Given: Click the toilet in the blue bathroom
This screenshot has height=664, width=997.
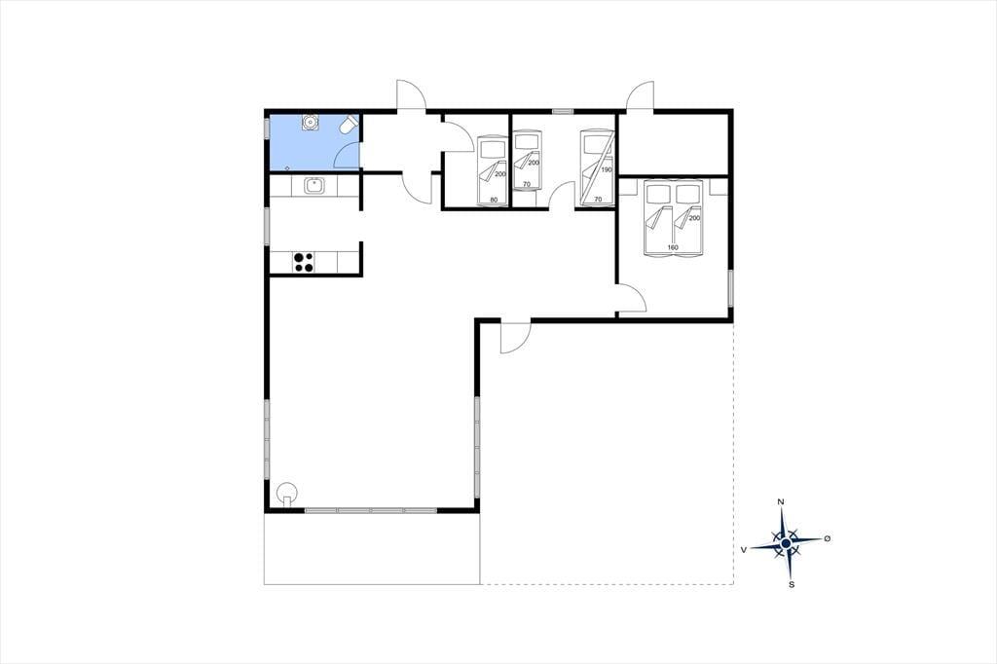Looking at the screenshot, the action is click(349, 125).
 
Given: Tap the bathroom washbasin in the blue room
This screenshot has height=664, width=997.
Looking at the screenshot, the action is click(310, 122).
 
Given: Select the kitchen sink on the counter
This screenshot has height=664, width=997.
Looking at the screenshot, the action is click(314, 186).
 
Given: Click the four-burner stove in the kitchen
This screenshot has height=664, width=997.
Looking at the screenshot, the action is click(304, 262).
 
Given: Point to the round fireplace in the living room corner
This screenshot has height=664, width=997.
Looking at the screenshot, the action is click(288, 494).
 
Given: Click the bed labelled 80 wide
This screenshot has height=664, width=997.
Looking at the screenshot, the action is click(492, 172).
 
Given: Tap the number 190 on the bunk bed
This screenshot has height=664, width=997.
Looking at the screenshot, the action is click(607, 169).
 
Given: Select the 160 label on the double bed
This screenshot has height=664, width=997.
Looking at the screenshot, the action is click(673, 247).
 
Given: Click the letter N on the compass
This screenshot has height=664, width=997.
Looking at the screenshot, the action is click(781, 501).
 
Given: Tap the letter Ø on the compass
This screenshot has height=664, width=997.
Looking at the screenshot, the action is click(828, 538).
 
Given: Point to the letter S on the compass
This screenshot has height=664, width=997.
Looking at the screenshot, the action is click(792, 584).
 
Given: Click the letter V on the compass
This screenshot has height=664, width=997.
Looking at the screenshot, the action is click(743, 549).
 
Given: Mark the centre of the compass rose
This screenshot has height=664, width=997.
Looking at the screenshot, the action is click(787, 543).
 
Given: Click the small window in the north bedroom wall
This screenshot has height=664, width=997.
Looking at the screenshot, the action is click(563, 111).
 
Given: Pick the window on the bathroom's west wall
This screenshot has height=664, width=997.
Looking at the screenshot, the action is click(267, 129).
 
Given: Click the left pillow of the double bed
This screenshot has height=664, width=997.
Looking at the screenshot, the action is click(658, 193).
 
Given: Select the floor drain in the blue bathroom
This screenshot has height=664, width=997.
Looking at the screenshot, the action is click(287, 167).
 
